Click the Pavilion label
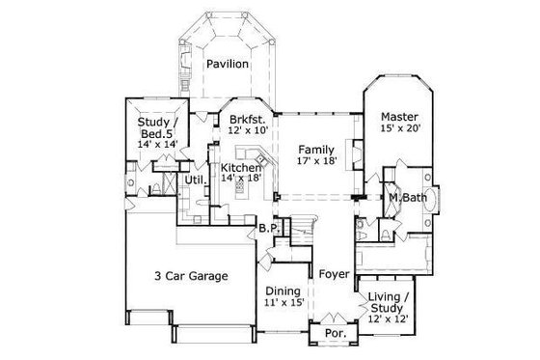[x=228, y=65]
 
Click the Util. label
[x=195, y=180]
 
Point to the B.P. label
[x=268, y=229]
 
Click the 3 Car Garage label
[x=191, y=276]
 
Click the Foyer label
[x=334, y=273]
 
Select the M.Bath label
[x=408, y=198]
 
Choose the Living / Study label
[x=390, y=299]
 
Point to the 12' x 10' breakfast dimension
[x=248, y=132]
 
